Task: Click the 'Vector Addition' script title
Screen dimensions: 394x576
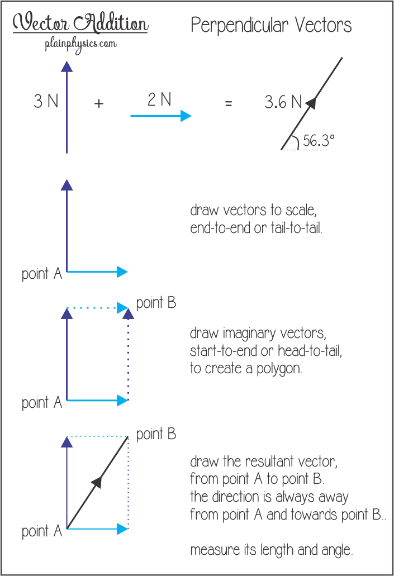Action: (x=80, y=23)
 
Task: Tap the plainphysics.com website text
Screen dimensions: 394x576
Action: (x=81, y=45)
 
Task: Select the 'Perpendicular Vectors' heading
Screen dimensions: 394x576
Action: (x=271, y=26)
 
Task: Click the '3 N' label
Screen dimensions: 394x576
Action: (x=46, y=101)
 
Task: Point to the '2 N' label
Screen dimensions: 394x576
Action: (x=159, y=99)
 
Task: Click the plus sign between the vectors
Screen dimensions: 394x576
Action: (x=99, y=103)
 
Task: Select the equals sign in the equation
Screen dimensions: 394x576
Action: (x=229, y=103)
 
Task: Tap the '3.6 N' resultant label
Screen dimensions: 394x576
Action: (x=283, y=102)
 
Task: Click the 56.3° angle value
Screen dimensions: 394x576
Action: (x=319, y=141)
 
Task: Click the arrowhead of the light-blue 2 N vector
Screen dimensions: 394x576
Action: (x=186, y=116)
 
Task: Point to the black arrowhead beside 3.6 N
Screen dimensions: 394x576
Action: (x=311, y=103)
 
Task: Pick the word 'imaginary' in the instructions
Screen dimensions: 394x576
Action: (x=249, y=334)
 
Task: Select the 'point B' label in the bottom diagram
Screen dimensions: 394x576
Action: (x=156, y=434)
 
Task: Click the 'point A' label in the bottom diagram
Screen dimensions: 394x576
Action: (x=42, y=531)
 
